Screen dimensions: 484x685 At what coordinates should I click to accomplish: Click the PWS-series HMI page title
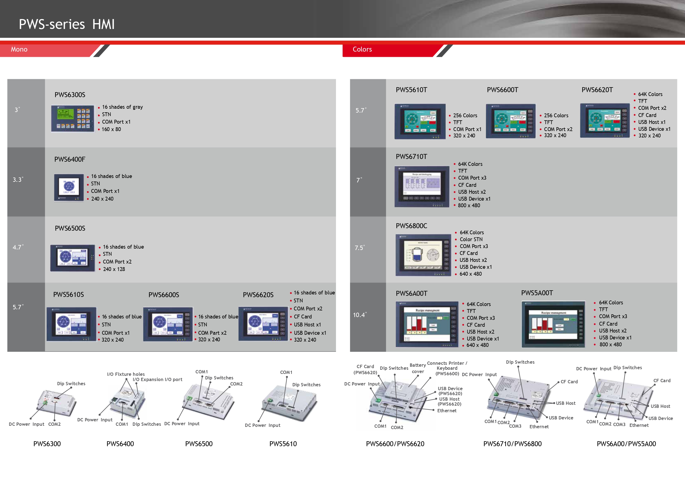coord(67,24)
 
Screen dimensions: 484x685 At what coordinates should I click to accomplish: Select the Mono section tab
coord(19,49)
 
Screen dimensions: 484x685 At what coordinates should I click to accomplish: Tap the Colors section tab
coord(362,49)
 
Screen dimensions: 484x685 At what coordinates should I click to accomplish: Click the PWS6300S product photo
coord(73,118)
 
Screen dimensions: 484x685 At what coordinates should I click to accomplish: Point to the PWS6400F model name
coord(70,159)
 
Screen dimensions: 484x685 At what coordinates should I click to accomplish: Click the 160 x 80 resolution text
coord(111,129)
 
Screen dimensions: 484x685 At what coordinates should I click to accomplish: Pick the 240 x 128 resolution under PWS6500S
coord(114,269)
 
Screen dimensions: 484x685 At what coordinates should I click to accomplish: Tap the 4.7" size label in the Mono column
coord(18,248)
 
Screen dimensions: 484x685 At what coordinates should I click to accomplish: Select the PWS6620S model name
coord(258,295)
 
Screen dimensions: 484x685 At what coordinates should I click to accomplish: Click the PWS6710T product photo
coord(422,187)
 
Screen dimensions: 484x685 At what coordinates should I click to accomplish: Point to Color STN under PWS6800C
coord(471,240)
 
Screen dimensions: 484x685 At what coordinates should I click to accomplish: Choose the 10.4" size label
coord(359,315)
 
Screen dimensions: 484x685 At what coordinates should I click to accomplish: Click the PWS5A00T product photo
coord(553,324)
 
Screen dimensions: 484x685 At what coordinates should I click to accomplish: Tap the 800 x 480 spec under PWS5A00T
coord(610,345)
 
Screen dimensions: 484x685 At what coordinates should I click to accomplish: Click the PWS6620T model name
coord(597,90)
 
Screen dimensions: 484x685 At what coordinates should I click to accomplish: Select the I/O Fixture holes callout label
coord(126,374)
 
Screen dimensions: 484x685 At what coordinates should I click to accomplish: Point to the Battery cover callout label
coord(418,368)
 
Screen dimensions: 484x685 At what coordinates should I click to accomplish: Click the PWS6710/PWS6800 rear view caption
coord(512,444)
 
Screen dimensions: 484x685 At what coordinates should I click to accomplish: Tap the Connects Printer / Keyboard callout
coord(447,368)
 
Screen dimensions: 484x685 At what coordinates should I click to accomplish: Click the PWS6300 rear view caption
coord(47,444)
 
